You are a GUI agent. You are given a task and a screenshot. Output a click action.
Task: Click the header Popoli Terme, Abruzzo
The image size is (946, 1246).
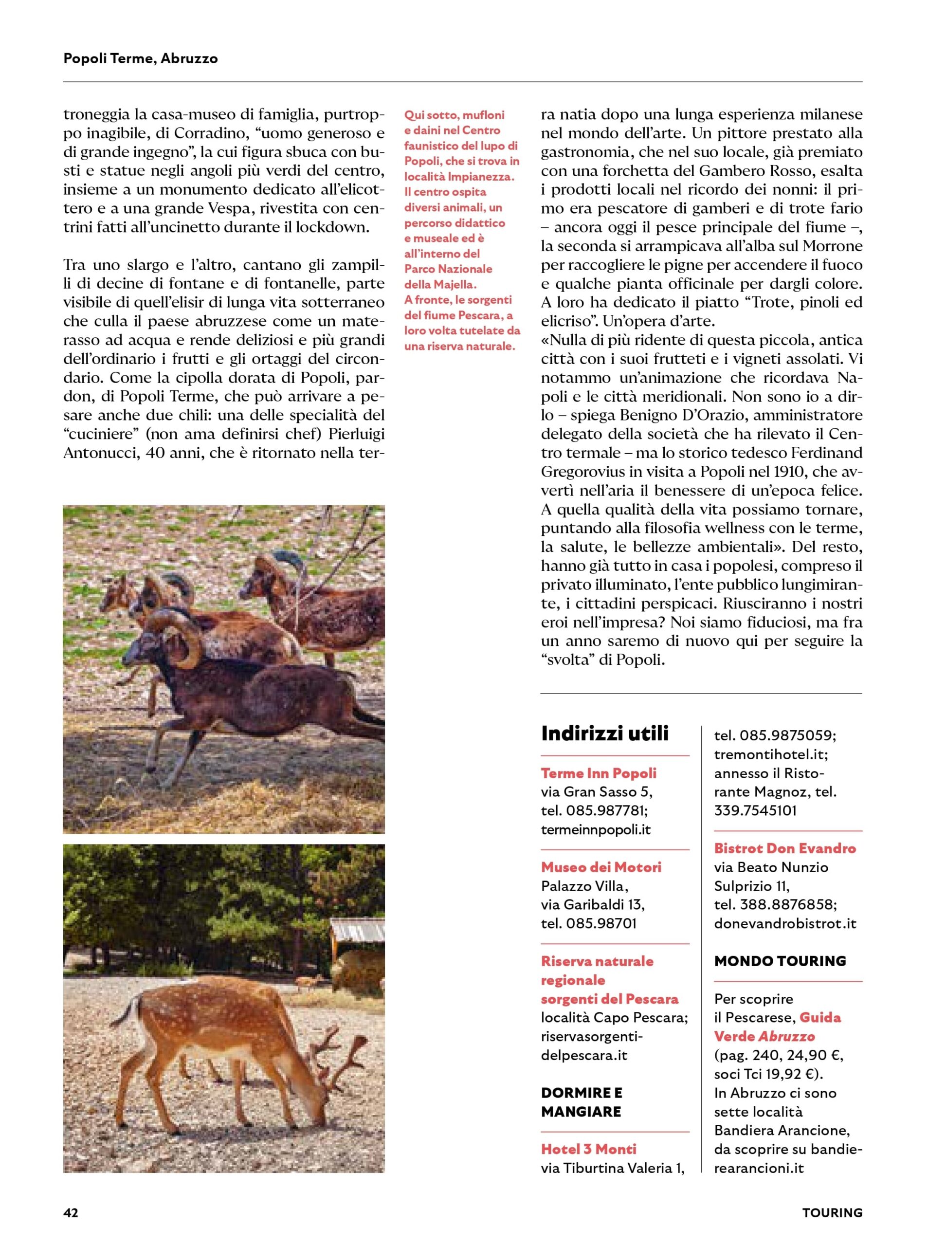140,58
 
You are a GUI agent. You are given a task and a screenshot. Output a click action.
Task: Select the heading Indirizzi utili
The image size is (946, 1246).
605,733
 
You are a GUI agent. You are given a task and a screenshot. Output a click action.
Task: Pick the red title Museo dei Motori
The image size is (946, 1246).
601,867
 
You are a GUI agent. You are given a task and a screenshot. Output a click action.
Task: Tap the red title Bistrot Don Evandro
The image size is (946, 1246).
785,848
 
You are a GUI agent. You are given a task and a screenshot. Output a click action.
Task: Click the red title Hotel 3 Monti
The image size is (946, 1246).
588,1149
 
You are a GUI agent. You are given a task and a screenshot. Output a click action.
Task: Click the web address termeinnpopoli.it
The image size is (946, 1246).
596,830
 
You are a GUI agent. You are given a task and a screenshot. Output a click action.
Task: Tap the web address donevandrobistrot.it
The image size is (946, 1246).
785,924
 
